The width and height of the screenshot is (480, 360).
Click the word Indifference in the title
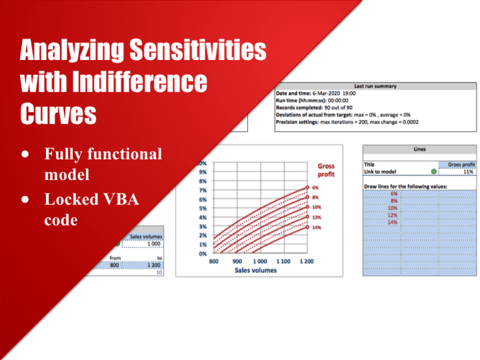coord(141,82)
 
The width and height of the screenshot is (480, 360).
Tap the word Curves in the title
coord(58,113)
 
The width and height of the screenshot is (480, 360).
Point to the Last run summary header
coord(375,86)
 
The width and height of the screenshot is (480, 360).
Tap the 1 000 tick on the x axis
coord(260,262)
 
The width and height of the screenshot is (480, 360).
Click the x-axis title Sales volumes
coord(256,270)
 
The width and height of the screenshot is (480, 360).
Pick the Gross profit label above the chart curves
coord(326,170)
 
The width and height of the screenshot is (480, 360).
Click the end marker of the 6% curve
coord(307,187)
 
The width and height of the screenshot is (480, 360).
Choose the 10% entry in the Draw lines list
coord(393,208)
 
